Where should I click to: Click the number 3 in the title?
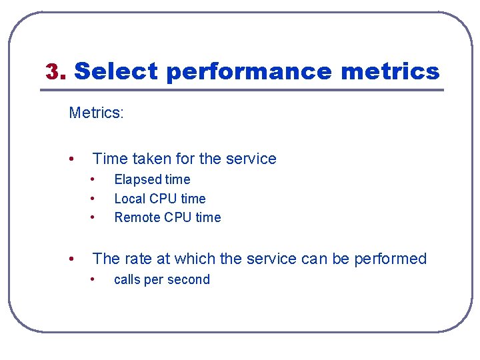(x=53, y=71)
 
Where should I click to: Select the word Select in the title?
(x=115, y=71)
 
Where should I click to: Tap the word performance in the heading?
(x=249, y=71)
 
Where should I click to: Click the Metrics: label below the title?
(x=96, y=113)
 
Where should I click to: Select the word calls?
(x=127, y=279)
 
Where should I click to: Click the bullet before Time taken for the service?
(x=71, y=159)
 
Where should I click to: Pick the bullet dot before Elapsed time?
(x=93, y=179)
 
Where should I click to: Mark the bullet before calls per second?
(x=93, y=279)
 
